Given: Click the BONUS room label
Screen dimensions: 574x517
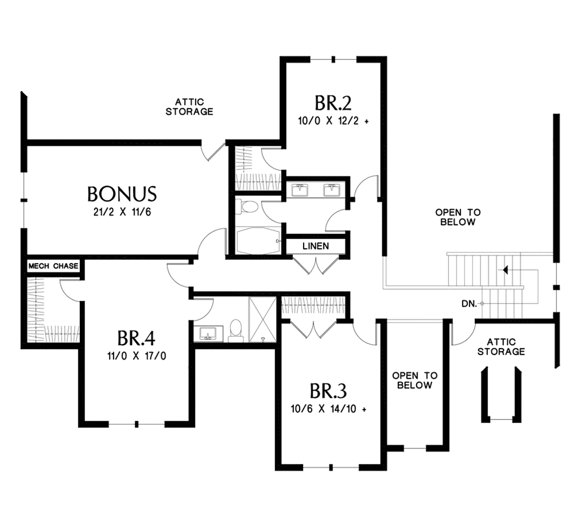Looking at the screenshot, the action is (122, 193).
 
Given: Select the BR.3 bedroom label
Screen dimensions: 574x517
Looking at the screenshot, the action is (328, 391).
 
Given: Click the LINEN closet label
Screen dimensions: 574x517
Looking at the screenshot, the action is (316, 246).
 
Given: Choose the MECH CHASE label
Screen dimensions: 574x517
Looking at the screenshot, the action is (54, 266).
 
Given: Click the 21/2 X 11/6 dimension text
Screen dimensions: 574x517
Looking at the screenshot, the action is (122, 212).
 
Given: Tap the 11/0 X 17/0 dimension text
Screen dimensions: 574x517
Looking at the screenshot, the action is (136, 356).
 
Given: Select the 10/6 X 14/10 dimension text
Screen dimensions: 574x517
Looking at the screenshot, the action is (328, 409).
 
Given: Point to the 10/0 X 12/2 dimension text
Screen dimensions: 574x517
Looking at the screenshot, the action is (333, 120).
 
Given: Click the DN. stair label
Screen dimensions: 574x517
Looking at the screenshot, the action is (469, 304).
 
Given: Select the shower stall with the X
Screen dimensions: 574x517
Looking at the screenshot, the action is (262, 320).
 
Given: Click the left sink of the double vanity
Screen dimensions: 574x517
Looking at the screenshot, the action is (300, 191).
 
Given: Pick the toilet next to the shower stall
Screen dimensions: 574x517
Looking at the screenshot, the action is (236, 330).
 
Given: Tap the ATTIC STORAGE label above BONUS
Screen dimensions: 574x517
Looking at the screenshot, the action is (189, 107).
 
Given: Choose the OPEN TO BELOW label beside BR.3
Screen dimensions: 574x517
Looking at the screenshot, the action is (415, 381).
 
